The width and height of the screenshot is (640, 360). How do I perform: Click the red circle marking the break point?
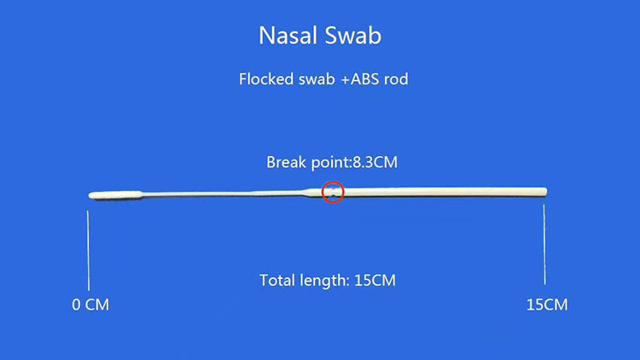(x=333, y=192)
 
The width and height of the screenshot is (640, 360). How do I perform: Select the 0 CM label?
(x=90, y=305)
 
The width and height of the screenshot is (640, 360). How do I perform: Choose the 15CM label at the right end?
(x=546, y=305)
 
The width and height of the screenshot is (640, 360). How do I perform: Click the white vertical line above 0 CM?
(x=89, y=247)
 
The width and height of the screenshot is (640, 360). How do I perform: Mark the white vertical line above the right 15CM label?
(x=544, y=247)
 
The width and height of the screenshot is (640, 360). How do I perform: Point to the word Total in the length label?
(x=277, y=280)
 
